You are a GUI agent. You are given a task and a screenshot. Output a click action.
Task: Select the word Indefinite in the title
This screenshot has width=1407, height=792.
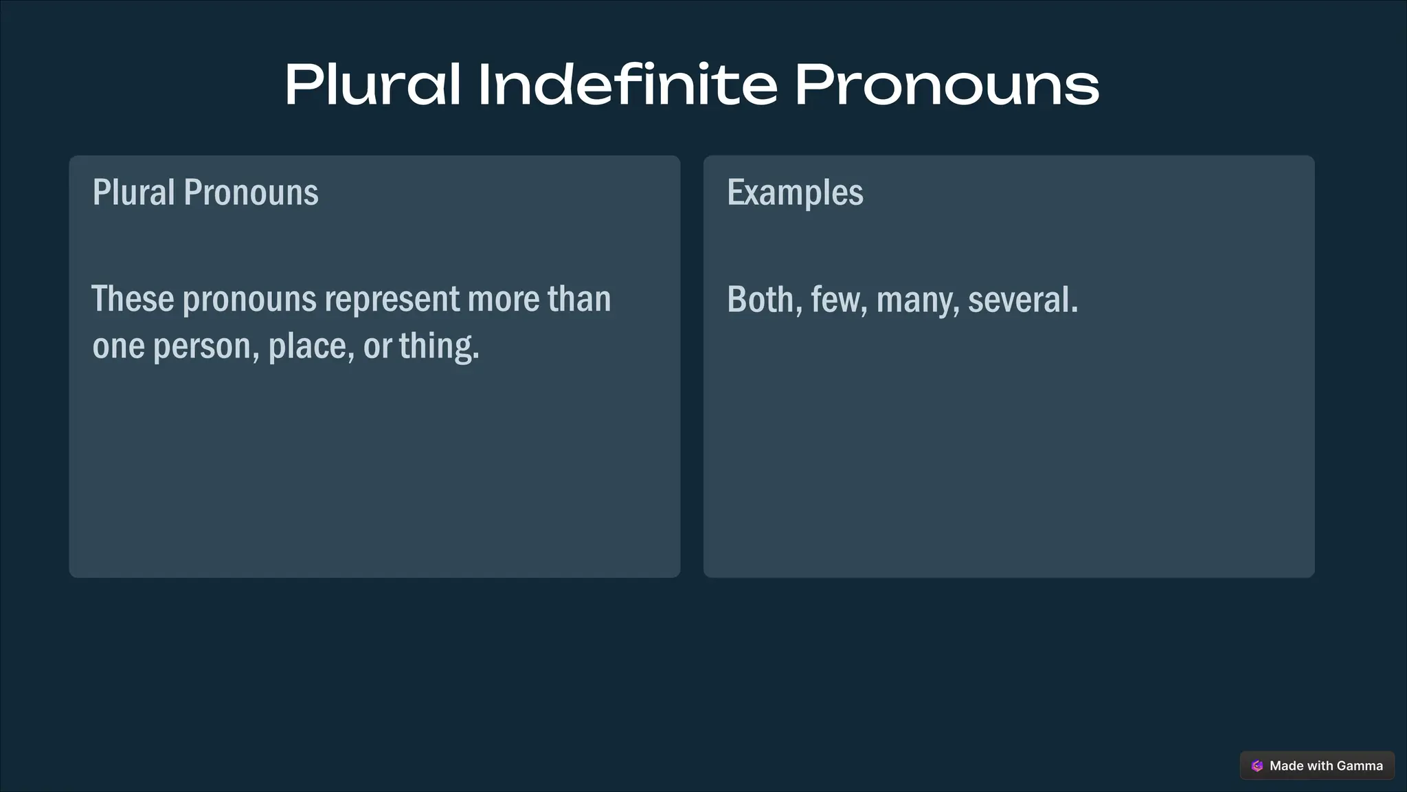(627, 85)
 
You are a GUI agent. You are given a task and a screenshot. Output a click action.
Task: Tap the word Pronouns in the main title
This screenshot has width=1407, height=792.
(947, 85)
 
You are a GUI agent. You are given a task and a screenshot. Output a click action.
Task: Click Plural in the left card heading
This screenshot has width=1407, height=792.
(134, 192)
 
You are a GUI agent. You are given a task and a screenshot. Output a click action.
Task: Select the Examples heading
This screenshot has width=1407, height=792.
(795, 192)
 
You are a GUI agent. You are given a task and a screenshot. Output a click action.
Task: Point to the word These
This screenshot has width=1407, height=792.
(133, 299)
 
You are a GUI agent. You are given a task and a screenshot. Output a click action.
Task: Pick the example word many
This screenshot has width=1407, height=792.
(917, 301)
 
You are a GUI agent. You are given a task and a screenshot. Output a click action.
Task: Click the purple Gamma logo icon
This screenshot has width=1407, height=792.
(1257, 766)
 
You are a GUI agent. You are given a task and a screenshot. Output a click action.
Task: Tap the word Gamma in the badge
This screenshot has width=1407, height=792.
(1360, 766)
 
